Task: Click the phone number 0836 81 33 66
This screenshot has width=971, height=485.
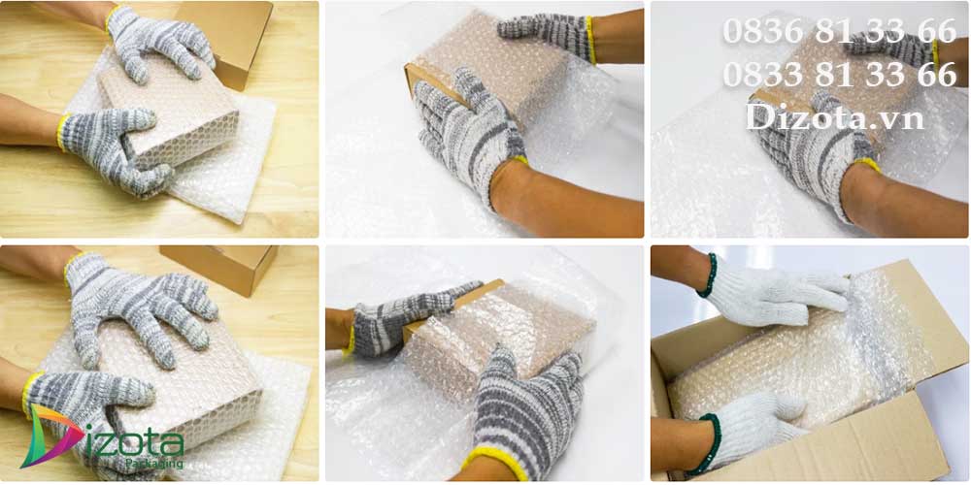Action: click(x=840, y=32)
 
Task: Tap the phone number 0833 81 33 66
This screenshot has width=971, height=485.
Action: click(x=840, y=75)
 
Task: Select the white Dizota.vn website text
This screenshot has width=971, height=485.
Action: click(x=835, y=116)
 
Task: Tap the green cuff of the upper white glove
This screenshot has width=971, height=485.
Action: click(x=707, y=275)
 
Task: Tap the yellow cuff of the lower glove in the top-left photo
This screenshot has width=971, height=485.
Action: click(x=62, y=132)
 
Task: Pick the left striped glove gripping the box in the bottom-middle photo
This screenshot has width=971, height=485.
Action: click(x=406, y=318)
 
